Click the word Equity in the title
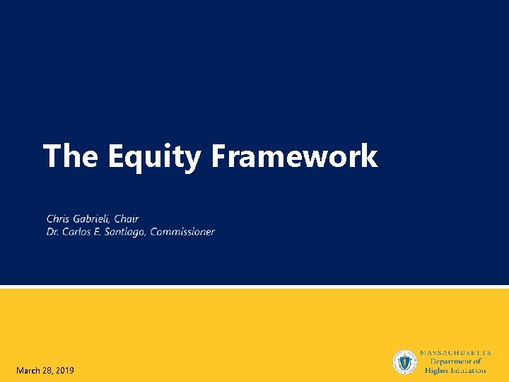[154, 156]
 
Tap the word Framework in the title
[294, 156]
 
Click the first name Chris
[59, 219]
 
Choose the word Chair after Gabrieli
[127, 219]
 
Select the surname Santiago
[124, 231]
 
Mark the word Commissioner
[182, 231]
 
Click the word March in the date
[29, 371]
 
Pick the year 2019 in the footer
[64, 371]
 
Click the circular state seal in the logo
[405, 362]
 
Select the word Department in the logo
[450, 361]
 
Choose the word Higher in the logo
[438, 370]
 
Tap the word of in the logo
[476, 361]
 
